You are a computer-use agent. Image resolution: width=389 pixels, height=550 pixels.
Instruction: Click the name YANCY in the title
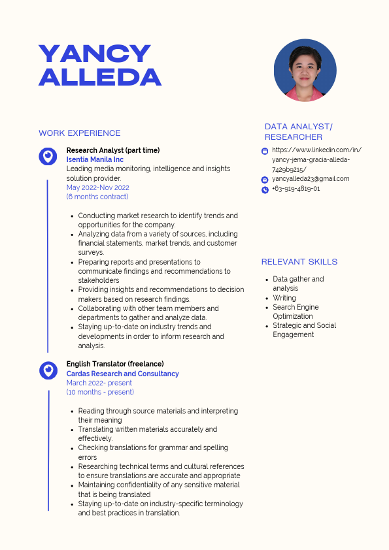pyautogui.click(x=95, y=54)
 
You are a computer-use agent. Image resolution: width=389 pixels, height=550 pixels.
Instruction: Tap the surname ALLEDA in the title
pyautogui.click(x=100, y=77)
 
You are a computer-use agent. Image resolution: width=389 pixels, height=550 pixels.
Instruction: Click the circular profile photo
pyautogui.click(x=305, y=70)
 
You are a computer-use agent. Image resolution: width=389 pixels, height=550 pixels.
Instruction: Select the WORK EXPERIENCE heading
pyautogui.click(x=80, y=133)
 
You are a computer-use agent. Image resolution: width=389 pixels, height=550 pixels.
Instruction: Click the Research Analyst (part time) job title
pyautogui.click(x=113, y=150)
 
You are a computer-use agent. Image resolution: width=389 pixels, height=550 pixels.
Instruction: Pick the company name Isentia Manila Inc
pyautogui.click(x=95, y=159)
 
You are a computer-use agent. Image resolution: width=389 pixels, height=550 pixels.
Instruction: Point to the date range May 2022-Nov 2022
pyautogui.click(x=98, y=187)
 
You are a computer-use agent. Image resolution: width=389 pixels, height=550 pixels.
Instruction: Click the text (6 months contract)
pyautogui.click(x=97, y=197)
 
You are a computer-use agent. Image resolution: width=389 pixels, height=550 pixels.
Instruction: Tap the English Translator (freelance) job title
pyautogui.click(x=115, y=364)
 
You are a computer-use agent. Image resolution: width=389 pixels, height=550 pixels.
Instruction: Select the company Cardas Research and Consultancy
pyautogui.click(x=122, y=374)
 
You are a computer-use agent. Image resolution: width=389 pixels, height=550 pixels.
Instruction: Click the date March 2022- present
pyautogui.click(x=99, y=383)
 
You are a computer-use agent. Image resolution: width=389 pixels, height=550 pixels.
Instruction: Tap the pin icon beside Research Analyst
pyautogui.click(x=48, y=156)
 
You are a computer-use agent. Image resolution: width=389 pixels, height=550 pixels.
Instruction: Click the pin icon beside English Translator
pyautogui.click(x=48, y=370)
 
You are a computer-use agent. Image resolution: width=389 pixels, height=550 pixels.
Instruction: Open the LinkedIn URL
pyautogui.click(x=316, y=159)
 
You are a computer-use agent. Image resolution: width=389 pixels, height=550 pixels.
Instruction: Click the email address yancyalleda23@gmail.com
pyautogui.click(x=311, y=179)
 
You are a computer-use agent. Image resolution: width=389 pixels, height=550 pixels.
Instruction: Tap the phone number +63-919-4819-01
pyautogui.click(x=296, y=189)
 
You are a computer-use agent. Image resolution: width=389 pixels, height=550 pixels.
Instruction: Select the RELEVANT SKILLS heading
pyautogui.click(x=299, y=262)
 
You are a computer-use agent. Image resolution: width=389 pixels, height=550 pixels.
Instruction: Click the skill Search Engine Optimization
pyautogui.click(x=296, y=312)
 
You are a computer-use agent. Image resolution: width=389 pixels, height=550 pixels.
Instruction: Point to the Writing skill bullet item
pyautogui.click(x=284, y=298)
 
